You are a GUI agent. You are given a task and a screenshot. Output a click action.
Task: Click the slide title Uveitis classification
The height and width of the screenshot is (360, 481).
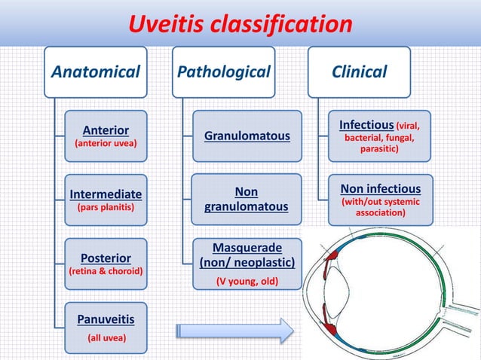coord(239,25)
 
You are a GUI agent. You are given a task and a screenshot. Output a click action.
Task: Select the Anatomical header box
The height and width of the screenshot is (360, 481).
coord(96,72)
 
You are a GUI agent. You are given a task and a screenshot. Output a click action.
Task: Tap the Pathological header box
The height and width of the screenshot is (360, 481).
coord(223,72)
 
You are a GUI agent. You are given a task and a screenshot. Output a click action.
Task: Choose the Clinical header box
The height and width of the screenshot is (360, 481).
coord(360,72)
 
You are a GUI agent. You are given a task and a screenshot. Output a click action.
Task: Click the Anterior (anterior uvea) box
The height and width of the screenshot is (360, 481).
coord(106,136)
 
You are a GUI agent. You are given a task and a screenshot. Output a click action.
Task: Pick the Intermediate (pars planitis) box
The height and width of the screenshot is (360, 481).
coord(106,200)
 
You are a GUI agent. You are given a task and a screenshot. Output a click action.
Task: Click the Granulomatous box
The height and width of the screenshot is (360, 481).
coord(247,136)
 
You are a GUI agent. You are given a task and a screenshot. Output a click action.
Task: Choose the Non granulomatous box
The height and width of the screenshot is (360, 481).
coord(247,200)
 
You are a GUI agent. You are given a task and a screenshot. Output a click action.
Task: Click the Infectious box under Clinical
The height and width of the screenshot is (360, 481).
coord(379,136)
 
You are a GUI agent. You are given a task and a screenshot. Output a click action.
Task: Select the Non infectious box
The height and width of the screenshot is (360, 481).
coord(381,200)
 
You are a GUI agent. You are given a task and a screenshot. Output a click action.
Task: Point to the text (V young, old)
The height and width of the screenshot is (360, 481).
coord(247,282)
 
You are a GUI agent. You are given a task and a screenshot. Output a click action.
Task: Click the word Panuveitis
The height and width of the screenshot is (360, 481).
coord(106,319)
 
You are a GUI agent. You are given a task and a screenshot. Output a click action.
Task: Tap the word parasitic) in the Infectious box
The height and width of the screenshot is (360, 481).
coord(379,149)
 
